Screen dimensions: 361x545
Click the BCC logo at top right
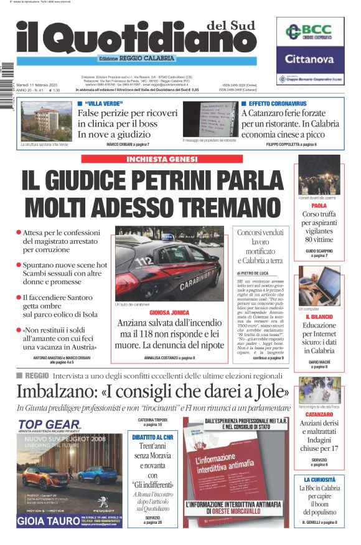[x=309, y=32]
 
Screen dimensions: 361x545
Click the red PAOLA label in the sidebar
[x=319, y=205]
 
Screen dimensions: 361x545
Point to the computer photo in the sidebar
[x=319, y=284]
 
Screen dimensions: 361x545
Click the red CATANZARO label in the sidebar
[x=319, y=413]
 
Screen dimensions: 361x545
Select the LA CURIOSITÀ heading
[x=319, y=480]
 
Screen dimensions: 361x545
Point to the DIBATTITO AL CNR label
[x=152, y=437]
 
